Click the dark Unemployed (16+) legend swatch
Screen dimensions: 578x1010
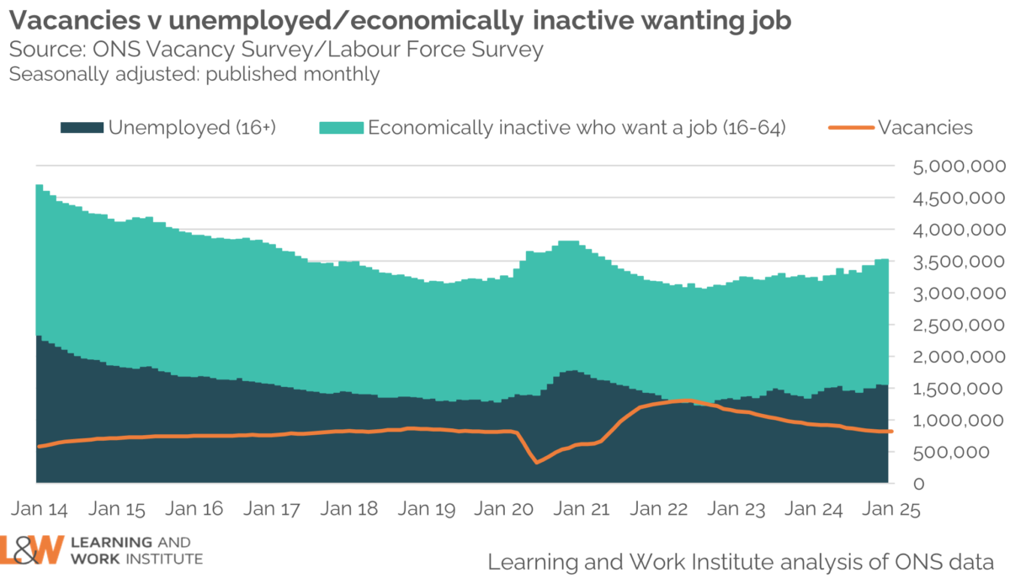click(x=82, y=128)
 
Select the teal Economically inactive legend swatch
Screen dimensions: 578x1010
click(x=341, y=128)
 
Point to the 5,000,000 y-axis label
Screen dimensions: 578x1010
click(x=959, y=166)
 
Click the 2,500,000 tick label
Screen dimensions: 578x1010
click(x=959, y=325)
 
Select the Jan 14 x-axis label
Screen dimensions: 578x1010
click(x=40, y=509)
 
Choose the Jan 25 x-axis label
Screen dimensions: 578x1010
click(x=887, y=509)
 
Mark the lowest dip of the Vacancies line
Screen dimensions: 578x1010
click(x=537, y=462)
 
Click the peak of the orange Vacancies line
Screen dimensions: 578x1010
click(x=687, y=400)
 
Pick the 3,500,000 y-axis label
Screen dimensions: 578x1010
click(x=959, y=262)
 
